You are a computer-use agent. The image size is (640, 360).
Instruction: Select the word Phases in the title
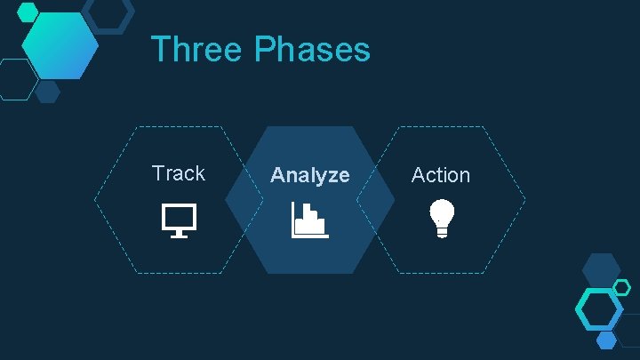tap(312, 49)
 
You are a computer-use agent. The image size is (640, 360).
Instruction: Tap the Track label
tap(178, 173)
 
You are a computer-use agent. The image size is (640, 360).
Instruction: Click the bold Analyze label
tap(309, 175)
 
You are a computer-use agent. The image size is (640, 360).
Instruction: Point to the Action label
tap(440, 175)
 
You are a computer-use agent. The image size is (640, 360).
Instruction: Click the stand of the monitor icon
tap(179, 234)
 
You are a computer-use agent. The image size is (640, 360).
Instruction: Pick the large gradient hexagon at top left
tap(60, 45)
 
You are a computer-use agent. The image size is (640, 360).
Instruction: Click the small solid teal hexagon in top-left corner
tap(28, 12)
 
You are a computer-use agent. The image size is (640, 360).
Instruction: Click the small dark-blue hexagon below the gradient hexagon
tap(48, 92)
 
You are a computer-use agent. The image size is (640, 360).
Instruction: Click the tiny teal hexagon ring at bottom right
tap(622, 287)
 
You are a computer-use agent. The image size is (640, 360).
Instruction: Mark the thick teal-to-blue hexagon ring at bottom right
tap(599, 308)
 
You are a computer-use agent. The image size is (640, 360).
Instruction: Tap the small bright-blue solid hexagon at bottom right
tap(607, 340)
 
